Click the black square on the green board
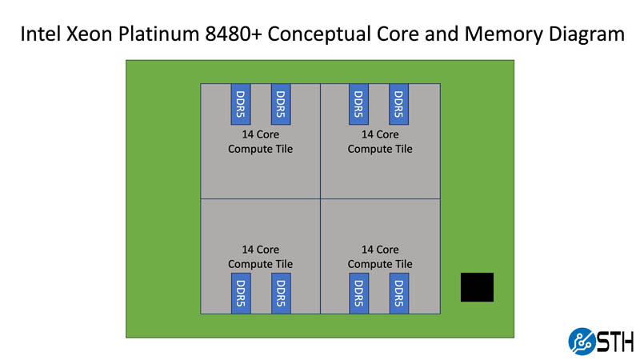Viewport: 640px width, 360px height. pyautogui.click(x=477, y=287)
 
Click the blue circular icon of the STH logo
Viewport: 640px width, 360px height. pyautogui.click(x=582, y=341)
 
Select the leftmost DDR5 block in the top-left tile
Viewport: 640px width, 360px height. pyautogui.click(x=241, y=103)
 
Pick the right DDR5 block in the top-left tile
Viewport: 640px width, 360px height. pyautogui.click(x=281, y=103)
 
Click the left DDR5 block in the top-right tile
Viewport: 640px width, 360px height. pyautogui.click(x=359, y=103)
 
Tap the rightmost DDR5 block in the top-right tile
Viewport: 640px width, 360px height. pyautogui.click(x=399, y=103)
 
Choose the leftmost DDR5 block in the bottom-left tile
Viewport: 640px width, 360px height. pyautogui.click(x=241, y=293)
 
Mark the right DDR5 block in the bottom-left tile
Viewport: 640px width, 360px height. pyautogui.click(x=281, y=293)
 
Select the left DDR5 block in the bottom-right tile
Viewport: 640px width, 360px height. pyautogui.click(x=359, y=293)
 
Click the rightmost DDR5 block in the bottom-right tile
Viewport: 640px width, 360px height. pyautogui.click(x=399, y=293)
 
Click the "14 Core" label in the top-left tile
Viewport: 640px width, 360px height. pyautogui.click(x=260, y=134)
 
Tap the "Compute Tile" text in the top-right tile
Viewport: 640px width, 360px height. pyautogui.click(x=380, y=149)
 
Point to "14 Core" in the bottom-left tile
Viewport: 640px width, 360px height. pyautogui.click(x=260, y=250)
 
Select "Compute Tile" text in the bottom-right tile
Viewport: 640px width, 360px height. pyautogui.click(x=380, y=264)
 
